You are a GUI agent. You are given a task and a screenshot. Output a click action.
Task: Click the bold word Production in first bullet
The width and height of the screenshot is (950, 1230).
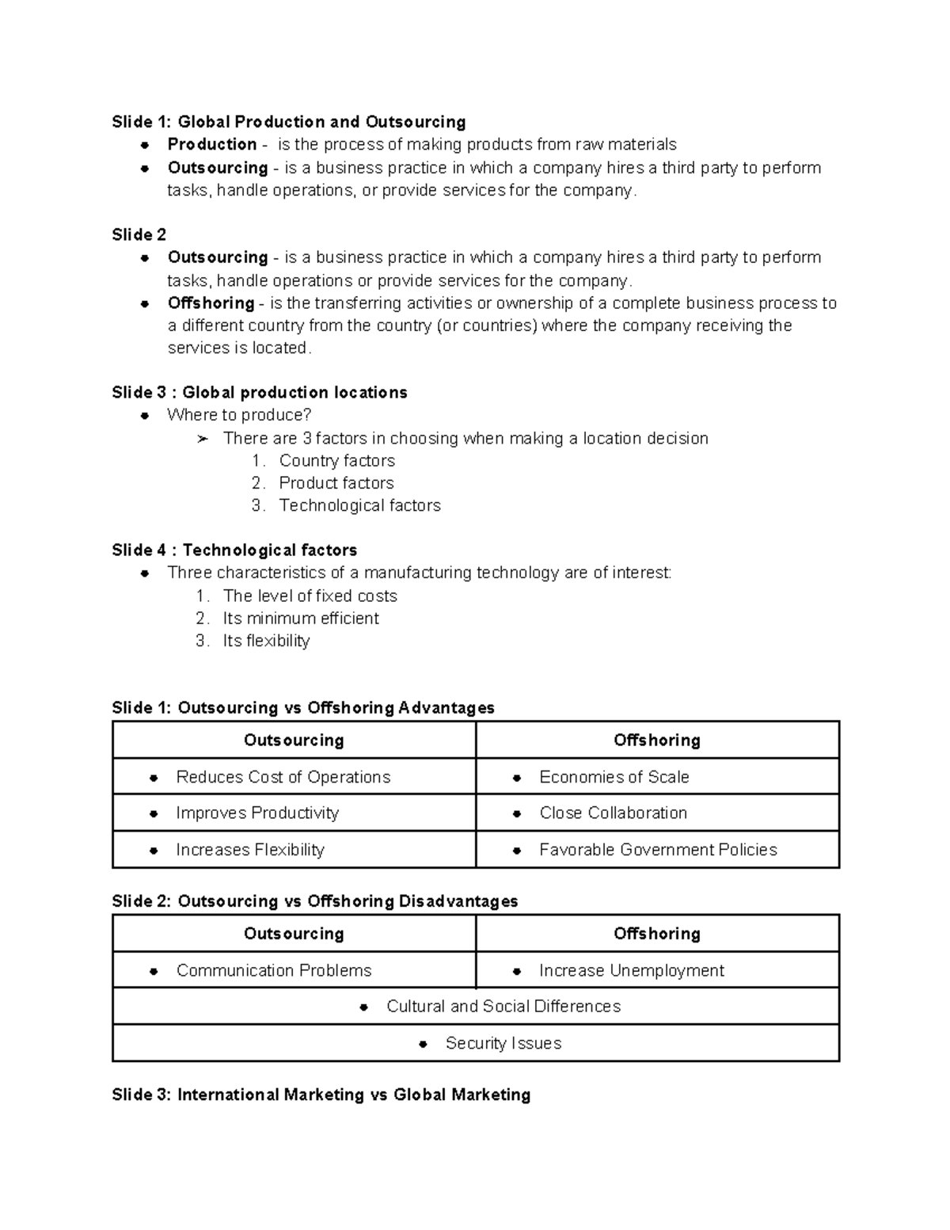tap(211, 144)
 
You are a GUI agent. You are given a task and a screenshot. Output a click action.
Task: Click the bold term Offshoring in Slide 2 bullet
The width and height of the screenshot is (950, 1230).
tap(211, 303)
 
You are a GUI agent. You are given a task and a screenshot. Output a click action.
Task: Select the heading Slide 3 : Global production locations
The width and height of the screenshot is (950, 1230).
tap(259, 393)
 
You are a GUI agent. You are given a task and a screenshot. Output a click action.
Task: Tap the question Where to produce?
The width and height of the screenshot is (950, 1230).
tap(239, 415)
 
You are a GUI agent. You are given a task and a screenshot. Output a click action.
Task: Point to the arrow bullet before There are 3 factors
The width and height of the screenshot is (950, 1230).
tap(203, 439)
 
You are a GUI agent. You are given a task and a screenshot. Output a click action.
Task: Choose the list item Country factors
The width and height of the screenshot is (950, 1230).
tap(336, 461)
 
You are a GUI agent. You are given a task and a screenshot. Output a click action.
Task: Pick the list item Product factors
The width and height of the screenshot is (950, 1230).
tap(336, 483)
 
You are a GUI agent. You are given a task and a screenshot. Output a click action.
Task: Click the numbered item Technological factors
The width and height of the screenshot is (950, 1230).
tap(359, 505)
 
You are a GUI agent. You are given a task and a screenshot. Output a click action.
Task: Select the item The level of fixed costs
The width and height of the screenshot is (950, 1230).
tap(310, 596)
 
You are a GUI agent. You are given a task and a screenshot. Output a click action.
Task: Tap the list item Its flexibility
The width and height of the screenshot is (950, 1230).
tap(266, 641)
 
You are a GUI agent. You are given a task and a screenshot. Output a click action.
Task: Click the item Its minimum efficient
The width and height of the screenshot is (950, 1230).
tap(301, 619)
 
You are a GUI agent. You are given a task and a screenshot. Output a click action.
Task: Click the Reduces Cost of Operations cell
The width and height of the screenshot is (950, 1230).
tap(283, 777)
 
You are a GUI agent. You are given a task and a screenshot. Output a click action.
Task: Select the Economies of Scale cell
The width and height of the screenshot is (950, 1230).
tap(614, 777)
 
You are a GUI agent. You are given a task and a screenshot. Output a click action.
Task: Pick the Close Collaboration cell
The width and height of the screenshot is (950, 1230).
tap(613, 813)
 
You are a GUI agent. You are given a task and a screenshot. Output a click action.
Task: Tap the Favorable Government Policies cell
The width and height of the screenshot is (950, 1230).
tap(658, 850)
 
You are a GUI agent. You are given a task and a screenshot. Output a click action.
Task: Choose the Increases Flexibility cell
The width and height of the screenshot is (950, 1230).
tap(250, 850)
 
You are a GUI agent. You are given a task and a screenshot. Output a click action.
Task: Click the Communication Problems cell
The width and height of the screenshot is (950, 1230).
tap(273, 970)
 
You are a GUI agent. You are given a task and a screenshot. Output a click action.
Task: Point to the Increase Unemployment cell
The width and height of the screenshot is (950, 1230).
tap(631, 970)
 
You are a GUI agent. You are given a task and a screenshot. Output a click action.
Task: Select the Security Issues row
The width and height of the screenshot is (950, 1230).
tap(503, 1043)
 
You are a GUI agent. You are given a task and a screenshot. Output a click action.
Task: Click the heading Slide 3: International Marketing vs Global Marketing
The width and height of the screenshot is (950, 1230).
tap(321, 1095)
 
